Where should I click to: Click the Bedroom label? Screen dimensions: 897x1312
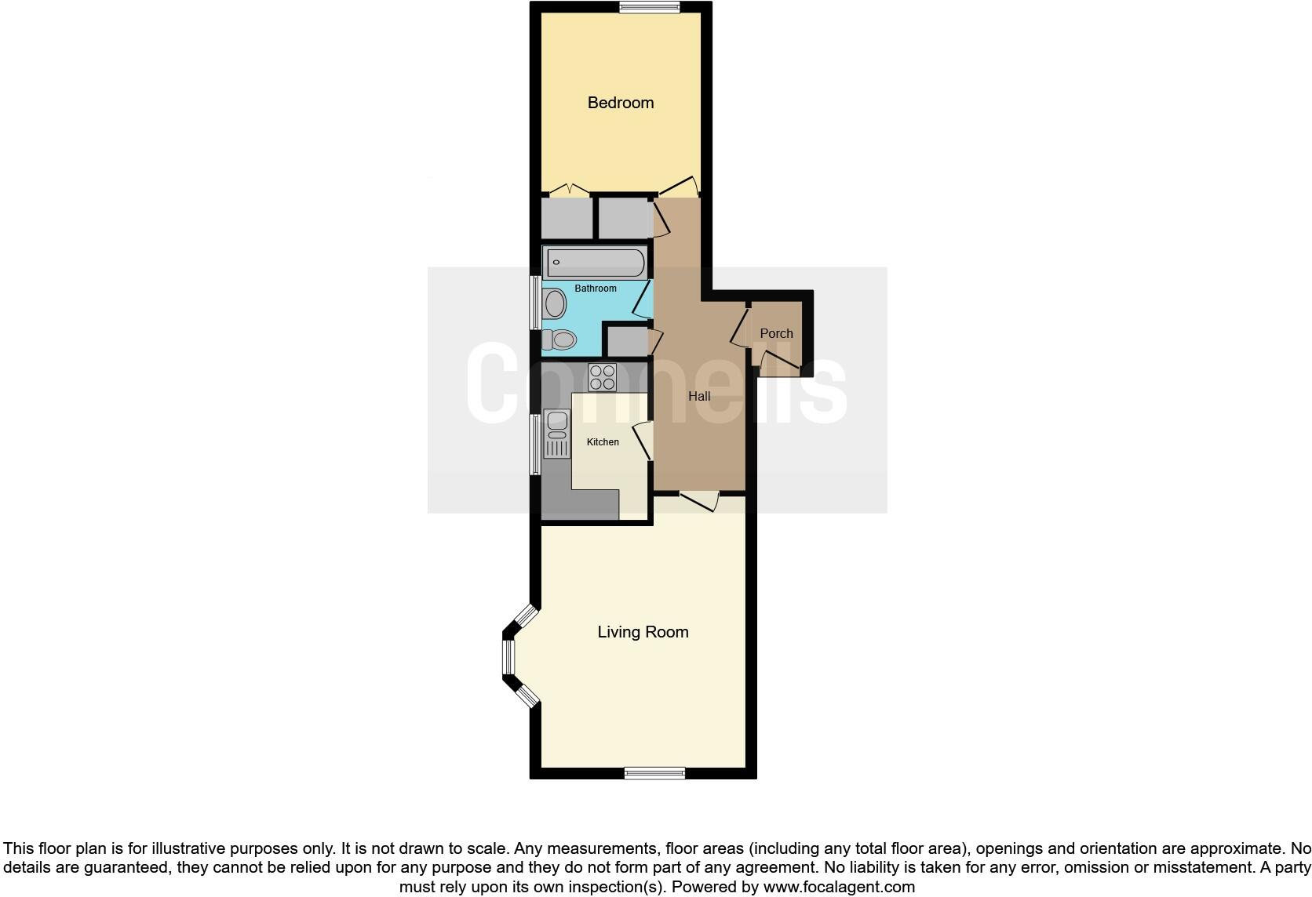pos(620,103)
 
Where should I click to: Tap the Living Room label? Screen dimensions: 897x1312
pos(643,632)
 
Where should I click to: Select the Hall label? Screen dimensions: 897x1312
pos(699,396)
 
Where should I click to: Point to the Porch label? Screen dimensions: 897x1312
pos(776,333)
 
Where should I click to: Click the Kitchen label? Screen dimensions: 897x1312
pos(603,442)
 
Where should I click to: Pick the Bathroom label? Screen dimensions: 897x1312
pos(596,289)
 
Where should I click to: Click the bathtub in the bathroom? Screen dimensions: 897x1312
pos(596,262)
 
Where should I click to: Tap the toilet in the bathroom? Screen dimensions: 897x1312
pos(559,340)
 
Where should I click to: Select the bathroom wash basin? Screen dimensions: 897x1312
pos(555,303)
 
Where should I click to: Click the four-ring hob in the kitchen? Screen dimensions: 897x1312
pos(603,377)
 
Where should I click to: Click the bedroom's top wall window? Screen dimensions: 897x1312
pos(649,8)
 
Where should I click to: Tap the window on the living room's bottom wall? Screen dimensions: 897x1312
pos(654,773)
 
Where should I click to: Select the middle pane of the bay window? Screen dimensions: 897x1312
pos(508,657)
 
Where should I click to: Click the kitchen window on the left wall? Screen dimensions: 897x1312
pos(535,445)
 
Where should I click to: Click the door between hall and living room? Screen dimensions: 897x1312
pos(699,499)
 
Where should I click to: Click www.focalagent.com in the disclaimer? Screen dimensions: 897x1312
pos(839,887)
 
